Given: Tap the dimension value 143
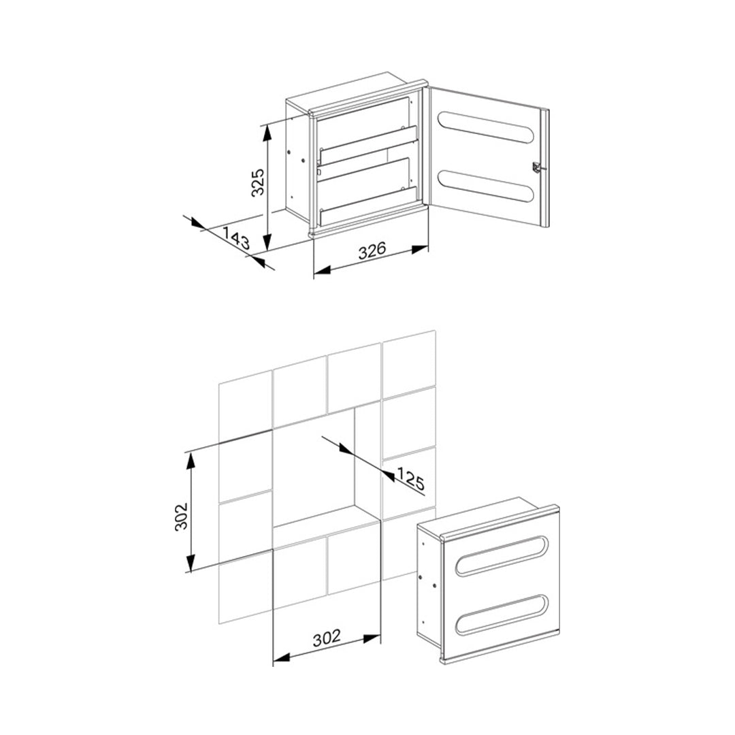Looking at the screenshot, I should click(236, 237).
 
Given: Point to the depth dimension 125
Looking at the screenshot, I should click(410, 478).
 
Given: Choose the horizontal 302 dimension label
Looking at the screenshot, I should click(326, 639).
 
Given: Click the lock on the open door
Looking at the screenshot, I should click(538, 167).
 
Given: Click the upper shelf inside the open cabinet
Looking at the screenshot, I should click(368, 144).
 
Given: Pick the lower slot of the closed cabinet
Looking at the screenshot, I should click(502, 615).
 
